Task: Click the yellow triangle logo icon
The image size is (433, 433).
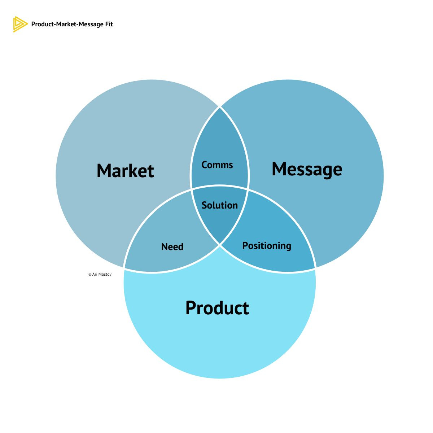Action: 20,24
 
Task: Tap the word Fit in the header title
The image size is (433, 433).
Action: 109,24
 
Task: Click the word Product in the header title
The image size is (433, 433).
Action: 41,24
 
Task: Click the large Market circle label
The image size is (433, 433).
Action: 125,171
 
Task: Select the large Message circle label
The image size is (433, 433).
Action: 307,169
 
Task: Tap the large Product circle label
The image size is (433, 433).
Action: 217,308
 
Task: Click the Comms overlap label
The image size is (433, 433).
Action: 217,165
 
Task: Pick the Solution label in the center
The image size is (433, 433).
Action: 219,205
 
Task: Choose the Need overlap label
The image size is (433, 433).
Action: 172,247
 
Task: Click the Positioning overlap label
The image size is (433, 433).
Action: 267,246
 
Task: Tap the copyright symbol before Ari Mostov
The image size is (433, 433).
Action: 90,275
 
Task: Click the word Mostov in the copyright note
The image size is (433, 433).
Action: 105,275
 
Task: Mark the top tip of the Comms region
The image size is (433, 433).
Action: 220,108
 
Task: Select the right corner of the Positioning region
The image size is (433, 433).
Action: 315,268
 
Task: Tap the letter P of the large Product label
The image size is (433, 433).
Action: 192,308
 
